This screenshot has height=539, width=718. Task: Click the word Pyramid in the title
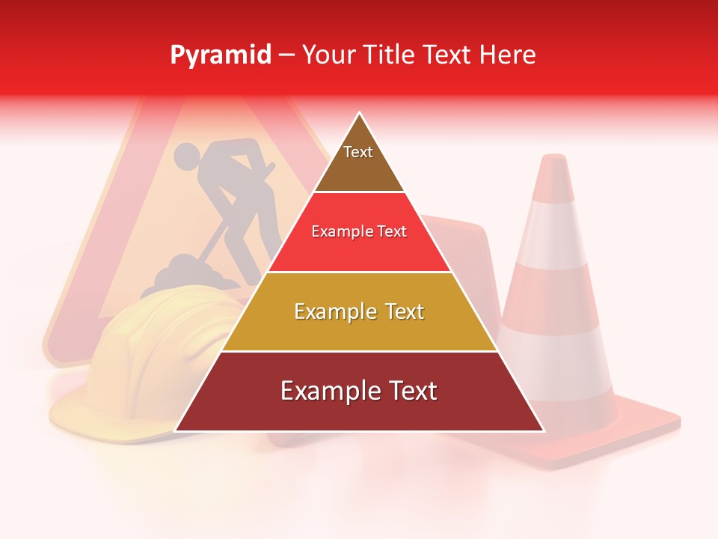pyautogui.click(x=220, y=55)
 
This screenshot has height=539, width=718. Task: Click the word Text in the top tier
pyautogui.click(x=358, y=152)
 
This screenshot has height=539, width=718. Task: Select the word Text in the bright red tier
pyautogui.click(x=390, y=231)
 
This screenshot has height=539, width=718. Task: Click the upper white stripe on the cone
pyautogui.click(x=554, y=236)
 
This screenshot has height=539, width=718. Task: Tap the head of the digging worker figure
pyautogui.click(x=187, y=156)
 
